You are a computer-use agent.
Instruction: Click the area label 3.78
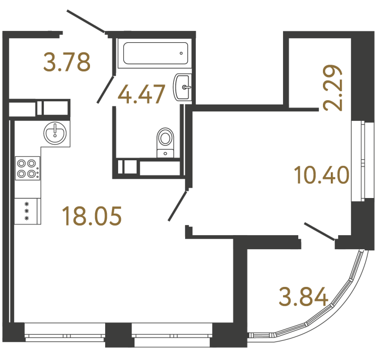point(68,62)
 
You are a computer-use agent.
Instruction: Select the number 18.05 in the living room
point(92,216)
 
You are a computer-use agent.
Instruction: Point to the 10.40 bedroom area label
point(321,175)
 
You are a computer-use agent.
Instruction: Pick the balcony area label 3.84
point(303,295)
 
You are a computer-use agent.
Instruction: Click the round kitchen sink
point(56,133)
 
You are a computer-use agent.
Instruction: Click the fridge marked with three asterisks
point(26,210)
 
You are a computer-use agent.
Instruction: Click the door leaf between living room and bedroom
point(178,206)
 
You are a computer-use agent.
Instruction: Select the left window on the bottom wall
point(65,334)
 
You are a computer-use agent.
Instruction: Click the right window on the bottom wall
point(172,334)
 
